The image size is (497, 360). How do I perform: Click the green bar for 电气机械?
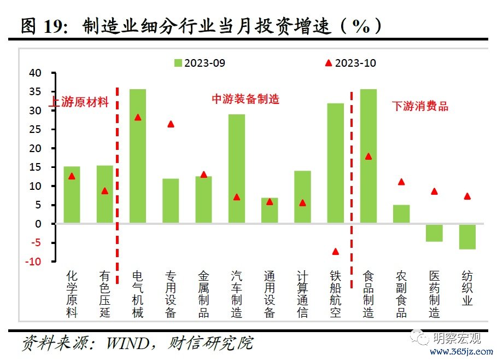(x=138, y=156)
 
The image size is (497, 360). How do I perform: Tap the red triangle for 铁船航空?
(x=335, y=252)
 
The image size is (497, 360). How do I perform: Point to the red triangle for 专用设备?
(x=171, y=124)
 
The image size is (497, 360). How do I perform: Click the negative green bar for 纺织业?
(x=467, y=236)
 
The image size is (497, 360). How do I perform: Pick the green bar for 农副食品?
(x=401, y=214)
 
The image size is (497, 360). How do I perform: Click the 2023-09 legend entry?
(x=200, y=63)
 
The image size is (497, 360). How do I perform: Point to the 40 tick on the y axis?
(x=35, y=73)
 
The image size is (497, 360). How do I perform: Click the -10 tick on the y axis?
(x=34, y=262)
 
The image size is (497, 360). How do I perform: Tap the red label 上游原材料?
(x=80, y=102)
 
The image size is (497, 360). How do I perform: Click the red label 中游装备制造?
(x=245, y=99)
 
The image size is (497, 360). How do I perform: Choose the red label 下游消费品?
(x=420, y=107)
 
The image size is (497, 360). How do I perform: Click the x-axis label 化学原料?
(x=72, y=293)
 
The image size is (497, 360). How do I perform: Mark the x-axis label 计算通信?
(x=302, y=293)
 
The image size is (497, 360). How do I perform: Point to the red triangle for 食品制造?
(x=369, y=156)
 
